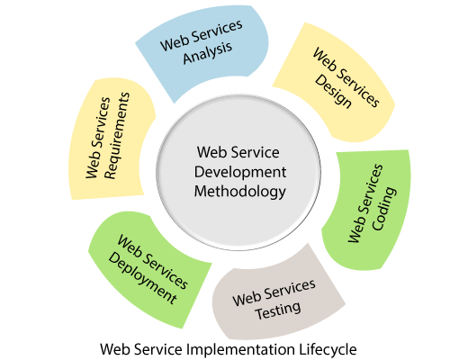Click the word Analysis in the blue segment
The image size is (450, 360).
pyautogui.click(x=208, y=53)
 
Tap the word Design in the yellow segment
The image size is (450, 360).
pyautogui.click(x=333, y=91)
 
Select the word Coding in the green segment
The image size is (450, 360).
pyautogui.click(x=384, y=209)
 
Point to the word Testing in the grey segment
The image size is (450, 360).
pyautogui.click(x=278, y=310)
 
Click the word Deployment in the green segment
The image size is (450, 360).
pyautogui.click(x=143, y=277)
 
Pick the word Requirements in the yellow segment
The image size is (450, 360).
pyautogui.click(x=117, y=136)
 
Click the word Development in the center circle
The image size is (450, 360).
pyautogui.click(x=240, y=172)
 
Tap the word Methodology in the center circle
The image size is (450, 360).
pyautogui.click(x=240, y=192)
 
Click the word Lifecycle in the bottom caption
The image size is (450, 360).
pyautogui.click(x=328, y=350)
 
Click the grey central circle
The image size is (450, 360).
pyautogui.click(x=238, y=172)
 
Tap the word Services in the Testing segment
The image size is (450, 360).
pyautogui.click(x=290, y=289)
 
